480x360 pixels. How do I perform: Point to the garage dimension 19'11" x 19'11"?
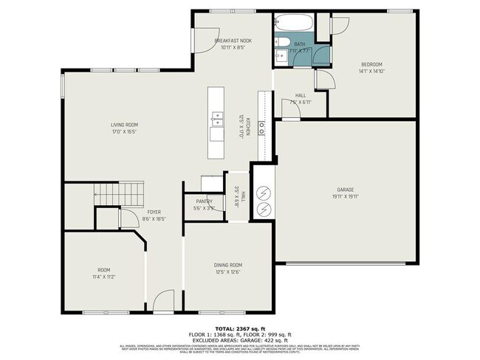click(x=344, y=196)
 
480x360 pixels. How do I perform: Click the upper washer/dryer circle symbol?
click(x=264, y=191)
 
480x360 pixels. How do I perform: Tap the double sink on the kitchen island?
click(x=216, y=117)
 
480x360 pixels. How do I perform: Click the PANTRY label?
click(x=205, y=201)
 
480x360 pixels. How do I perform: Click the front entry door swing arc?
click(x=165, y=300)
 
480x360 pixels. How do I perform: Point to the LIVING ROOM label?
click(x=124, y=125)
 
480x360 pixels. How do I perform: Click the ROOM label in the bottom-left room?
click(x=103, y=270)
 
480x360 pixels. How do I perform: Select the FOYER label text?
click(x=154, y=212)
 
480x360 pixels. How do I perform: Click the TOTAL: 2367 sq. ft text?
click(x=240, y=328)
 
